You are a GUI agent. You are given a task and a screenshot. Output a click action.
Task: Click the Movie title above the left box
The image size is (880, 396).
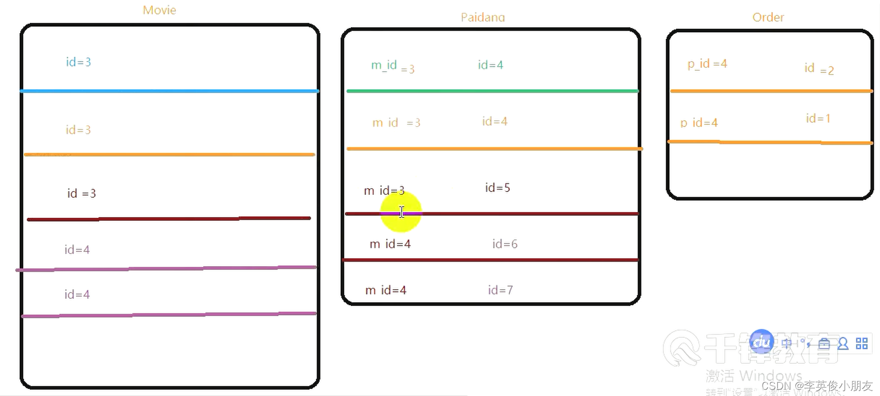160,10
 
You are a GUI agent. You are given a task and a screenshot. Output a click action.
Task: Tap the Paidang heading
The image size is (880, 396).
482,17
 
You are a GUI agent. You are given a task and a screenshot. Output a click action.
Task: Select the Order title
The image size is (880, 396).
768,17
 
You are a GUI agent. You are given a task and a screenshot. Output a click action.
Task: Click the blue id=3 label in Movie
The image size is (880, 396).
79,62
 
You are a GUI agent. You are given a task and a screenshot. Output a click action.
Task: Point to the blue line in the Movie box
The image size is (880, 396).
169,91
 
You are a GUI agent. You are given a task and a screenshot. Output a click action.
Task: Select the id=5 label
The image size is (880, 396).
497,188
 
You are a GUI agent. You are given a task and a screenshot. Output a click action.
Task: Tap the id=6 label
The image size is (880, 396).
505,244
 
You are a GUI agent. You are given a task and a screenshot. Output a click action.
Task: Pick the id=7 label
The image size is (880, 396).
500,290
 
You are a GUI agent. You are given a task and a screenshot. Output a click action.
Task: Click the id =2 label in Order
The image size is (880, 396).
819,69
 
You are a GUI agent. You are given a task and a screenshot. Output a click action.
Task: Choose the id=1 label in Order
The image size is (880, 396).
818,118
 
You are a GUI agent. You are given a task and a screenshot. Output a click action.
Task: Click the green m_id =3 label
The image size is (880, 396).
392,66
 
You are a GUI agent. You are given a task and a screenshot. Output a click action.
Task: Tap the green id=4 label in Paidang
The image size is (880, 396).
490,65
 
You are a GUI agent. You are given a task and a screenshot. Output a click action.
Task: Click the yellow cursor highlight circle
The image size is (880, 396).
401,212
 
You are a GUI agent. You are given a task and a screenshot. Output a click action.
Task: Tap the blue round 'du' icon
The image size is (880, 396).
761,342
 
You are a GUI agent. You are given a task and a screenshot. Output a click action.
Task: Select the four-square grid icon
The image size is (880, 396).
862,344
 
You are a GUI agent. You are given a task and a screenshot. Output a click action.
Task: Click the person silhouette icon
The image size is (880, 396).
843,344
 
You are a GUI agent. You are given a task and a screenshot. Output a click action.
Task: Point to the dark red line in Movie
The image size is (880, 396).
169,219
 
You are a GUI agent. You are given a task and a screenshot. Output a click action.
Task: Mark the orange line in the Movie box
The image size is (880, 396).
169,154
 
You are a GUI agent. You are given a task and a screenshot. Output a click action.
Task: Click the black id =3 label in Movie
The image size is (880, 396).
81,193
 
